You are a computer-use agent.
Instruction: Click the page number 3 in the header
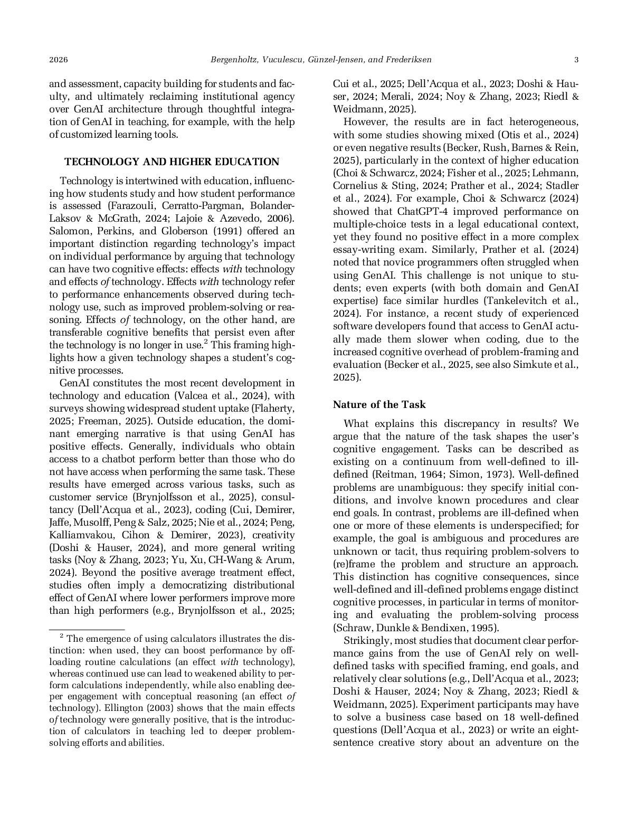tap(576, 60)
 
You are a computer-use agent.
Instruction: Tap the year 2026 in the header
tap(59, 60)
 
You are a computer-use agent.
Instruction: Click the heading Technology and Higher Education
tap(172, 162)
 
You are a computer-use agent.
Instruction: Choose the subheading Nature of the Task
tap(379, 405)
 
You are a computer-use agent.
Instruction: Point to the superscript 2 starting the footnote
tap(61, 636)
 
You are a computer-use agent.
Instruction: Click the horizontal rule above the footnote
tap(87, 629)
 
